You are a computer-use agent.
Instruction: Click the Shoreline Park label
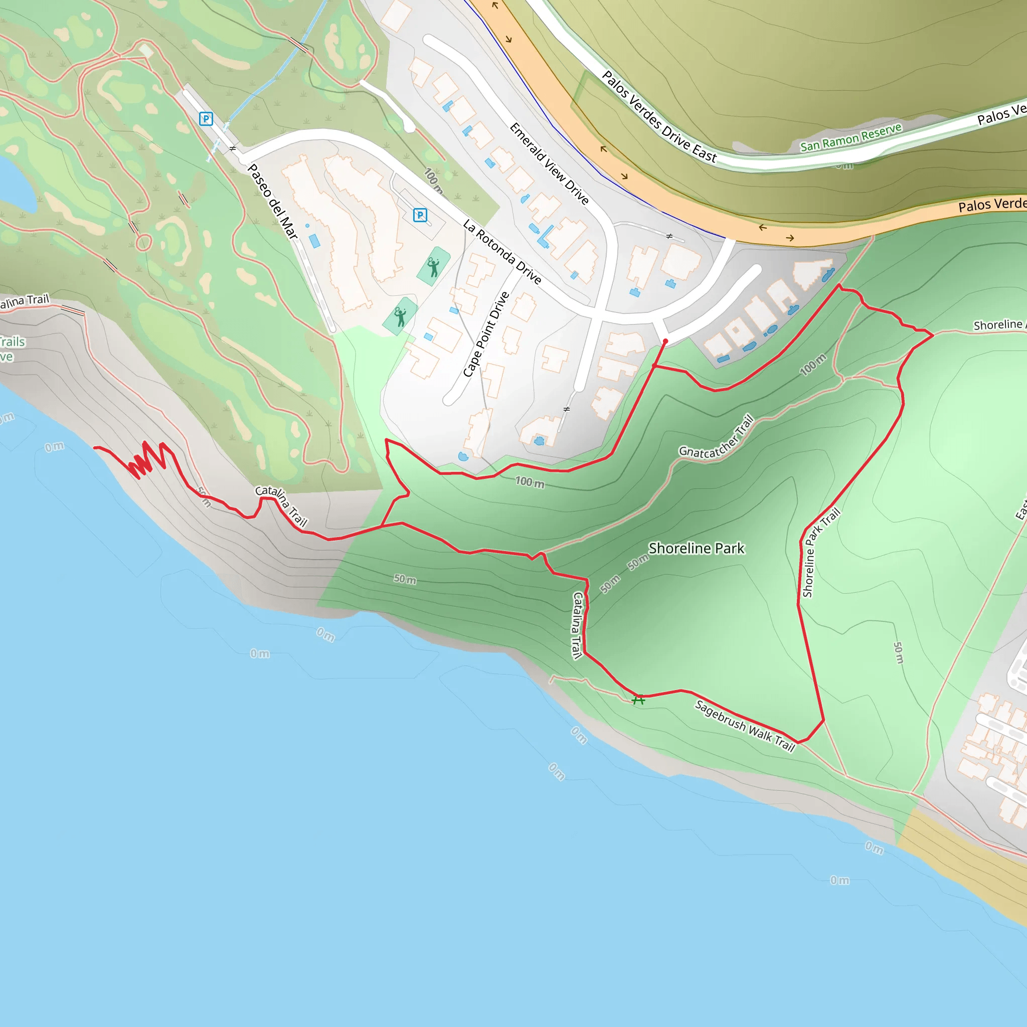697,548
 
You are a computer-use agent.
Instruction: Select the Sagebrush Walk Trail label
745,726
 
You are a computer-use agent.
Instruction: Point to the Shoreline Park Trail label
821,553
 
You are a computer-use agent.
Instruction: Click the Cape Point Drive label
486,334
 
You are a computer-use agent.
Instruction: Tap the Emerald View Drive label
549,163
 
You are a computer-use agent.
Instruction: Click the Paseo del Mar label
273,202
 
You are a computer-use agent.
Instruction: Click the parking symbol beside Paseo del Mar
206,118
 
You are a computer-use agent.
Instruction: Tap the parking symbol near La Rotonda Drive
420,215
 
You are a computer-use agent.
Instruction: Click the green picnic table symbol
638,700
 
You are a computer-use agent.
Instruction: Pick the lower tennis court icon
400,317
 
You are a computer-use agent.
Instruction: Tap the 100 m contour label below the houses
530,482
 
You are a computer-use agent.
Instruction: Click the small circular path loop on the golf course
143,243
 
